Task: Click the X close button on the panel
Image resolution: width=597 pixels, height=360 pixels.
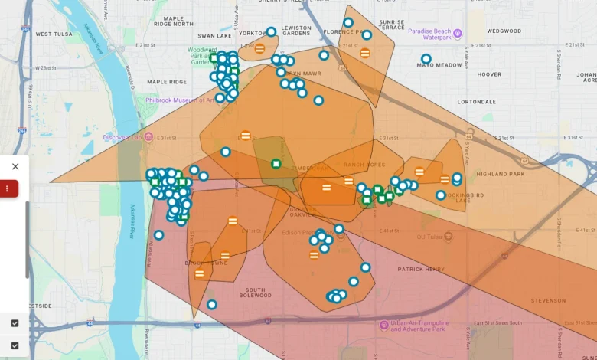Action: [15, 166]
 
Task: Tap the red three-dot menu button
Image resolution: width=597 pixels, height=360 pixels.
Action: [8, 188]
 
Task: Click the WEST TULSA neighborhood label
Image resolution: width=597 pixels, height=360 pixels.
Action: [53, 34]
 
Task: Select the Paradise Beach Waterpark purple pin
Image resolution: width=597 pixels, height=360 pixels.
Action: [458, 34]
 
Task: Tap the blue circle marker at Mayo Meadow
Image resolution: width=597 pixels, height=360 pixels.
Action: [426, 58]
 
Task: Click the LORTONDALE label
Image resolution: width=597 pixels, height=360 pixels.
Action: [476, 101]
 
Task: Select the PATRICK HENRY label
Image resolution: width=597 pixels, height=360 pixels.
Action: [420, 269]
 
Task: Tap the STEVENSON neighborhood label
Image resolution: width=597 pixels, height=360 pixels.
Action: [547, 301]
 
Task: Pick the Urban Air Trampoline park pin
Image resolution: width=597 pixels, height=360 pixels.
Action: [384, 325]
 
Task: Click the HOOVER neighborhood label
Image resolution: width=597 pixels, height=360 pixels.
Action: [489, 74]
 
